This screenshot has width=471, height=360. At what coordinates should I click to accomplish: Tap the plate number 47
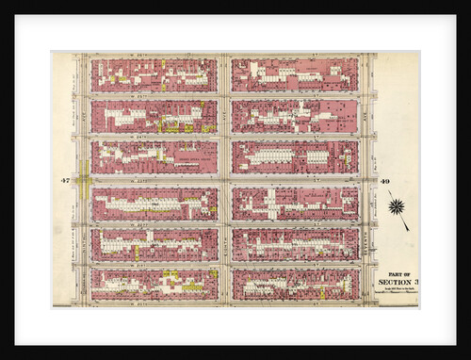pos(65,180)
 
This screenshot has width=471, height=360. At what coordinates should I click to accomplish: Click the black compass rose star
pos(396,205)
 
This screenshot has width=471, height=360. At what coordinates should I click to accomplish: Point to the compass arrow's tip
pos(408,229)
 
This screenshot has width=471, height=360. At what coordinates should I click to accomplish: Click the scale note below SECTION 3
pos(396,289)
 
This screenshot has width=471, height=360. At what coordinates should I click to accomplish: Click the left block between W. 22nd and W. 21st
pos(154,244)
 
